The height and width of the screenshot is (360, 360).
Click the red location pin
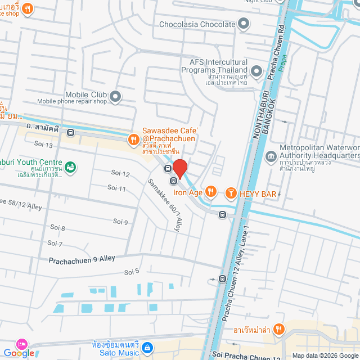point(179,168)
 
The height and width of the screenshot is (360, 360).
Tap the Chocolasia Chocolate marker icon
point(244,24)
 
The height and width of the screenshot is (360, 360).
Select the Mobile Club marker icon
point(115,97)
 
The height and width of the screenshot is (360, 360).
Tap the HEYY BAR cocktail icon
point(230,193)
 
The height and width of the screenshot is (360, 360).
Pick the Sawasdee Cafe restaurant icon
point(133,139)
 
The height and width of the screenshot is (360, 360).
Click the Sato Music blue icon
point(146,348)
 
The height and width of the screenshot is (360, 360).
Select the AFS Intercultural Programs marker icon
point(256,70)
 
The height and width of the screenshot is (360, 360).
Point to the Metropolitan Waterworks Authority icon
point(271,155)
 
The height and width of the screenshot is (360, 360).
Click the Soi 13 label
point(43,145)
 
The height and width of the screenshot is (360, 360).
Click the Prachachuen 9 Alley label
point(82,259)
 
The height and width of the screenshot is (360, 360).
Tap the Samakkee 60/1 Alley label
point(164,205)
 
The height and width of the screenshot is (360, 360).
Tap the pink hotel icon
point(21,344)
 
